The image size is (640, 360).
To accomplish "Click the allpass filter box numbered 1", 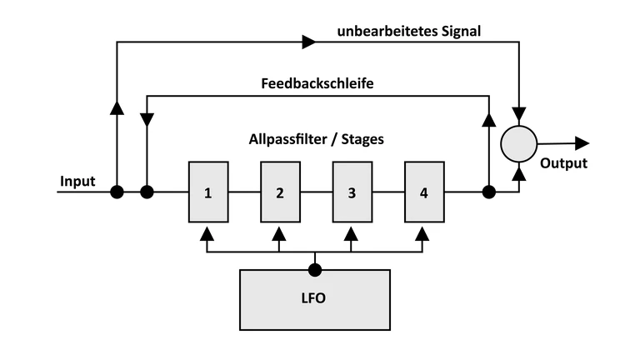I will point(208,192).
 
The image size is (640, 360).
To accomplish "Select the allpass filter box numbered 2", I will point(280,192).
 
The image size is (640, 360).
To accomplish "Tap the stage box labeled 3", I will point(352,192).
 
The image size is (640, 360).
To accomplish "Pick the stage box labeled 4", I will point(424,192).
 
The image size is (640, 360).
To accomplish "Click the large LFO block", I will point(314,298).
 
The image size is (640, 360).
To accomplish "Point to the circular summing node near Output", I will point(519,144).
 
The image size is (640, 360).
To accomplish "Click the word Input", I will point(77,181).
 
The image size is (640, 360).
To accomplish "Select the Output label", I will point(563,163).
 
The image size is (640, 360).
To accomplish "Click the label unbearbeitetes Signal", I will point(409,32).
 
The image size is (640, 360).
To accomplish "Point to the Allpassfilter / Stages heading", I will point(316,139).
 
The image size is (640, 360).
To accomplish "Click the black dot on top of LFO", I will point(314,269).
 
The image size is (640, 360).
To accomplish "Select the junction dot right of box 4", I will point(489,192).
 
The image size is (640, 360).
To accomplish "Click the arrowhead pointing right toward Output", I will point(582,143).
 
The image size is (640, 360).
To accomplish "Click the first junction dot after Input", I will point(117,192).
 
